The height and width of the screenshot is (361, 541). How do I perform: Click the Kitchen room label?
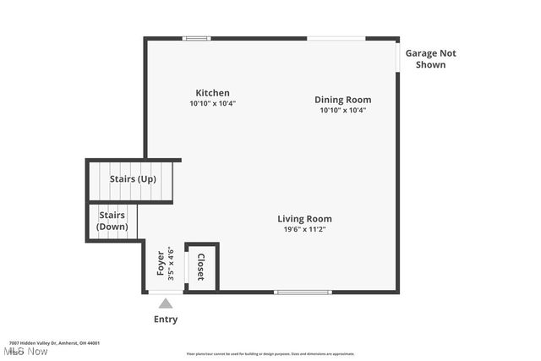click(x=212, y=93)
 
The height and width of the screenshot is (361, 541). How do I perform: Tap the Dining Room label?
click(x=342, y=100)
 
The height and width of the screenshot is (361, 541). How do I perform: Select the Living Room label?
click(x=304, y=218)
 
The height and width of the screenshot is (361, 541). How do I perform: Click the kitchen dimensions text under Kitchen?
click(x=212, y=103)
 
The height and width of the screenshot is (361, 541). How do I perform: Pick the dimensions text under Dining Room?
click(x=342, y=110)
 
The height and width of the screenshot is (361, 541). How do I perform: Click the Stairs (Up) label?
click(x=133, y=179)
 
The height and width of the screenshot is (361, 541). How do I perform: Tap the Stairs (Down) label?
click(x=112, y=221)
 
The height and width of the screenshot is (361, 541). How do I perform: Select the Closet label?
click(x=201, y=266)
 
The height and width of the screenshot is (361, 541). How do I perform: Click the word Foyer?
click(x=161, y=263)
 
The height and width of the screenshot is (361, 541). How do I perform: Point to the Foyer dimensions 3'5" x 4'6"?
click(x=171, y=263)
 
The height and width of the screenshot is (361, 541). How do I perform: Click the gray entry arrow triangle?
click(x=166, y=304)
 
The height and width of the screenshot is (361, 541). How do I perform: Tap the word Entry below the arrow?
click(x=166, y=320)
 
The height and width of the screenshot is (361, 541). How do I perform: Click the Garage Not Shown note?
click(x=430, y=58)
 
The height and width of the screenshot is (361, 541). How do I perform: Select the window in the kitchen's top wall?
click(x=197, y=38)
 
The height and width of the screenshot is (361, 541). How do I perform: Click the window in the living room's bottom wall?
click(x=303, y=293)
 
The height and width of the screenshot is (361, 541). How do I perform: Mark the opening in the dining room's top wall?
click(x=336, y=38)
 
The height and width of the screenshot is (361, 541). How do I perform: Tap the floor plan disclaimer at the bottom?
click(x=270, y=354)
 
